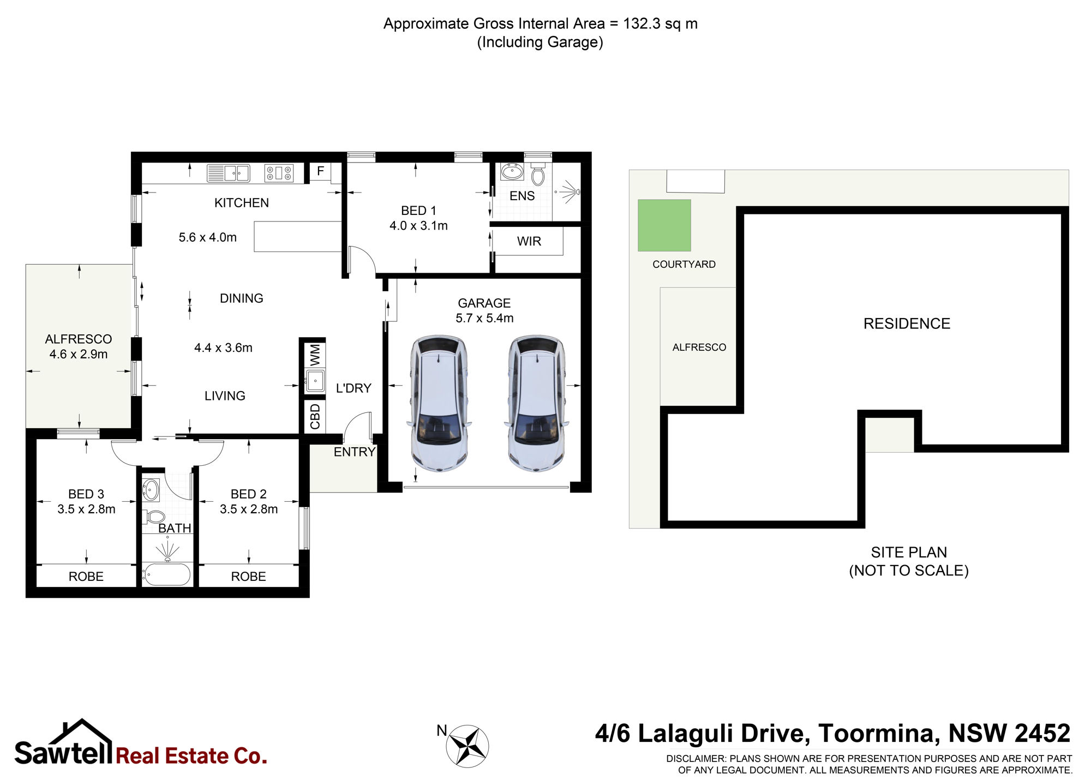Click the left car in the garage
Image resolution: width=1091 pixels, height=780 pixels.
[x=439, y=403]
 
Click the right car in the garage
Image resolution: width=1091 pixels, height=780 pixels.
[x=537, y=403]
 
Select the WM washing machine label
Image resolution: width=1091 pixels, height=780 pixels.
[x=315, y=355]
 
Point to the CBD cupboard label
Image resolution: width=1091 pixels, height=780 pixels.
[x=315, y=417]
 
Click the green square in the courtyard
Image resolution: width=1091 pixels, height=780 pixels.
[x=664, y=225]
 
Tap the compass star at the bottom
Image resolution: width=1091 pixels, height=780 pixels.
[x=467, y=746]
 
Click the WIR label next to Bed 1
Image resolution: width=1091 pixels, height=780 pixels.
[x=529, y=241]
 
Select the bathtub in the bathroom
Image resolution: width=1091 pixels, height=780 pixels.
[x=166, y=574]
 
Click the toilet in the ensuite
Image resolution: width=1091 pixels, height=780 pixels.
[x=538, y=173]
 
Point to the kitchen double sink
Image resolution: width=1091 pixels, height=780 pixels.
[x=228, y=173]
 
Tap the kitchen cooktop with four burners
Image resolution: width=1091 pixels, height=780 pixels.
[x=279, y=173]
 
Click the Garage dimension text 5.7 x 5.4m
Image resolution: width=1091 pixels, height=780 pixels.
[x=484, y=318]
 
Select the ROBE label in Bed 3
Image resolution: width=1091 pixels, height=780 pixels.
[x=86, y=577]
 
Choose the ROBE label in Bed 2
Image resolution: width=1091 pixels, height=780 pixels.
[x=249, y=577]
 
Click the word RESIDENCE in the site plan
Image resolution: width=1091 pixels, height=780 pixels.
[x=907, y=323]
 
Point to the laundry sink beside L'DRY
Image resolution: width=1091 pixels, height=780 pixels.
[x=315, y=380]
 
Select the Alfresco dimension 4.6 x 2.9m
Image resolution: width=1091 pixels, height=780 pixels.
[x=79, y=354]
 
